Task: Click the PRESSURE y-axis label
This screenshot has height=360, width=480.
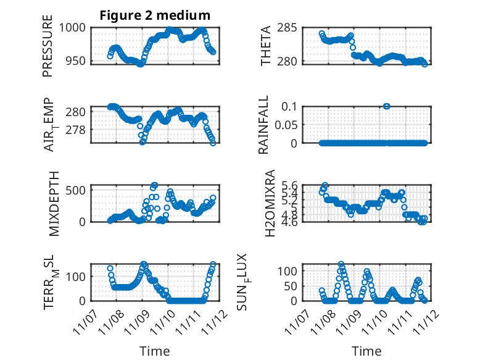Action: [48, 50]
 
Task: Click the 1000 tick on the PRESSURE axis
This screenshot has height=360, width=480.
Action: [74, 28]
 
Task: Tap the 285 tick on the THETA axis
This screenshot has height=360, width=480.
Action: [292, 28]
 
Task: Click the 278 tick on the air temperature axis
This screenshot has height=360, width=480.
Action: [77, 130]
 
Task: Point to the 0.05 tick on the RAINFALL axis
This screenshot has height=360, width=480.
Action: [288, 125]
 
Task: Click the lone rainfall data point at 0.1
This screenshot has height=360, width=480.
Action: [386, 106]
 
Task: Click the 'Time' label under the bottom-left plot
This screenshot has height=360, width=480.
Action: [155, 351]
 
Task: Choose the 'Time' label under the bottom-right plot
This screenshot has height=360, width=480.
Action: [366, 351]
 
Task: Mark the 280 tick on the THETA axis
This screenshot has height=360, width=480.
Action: [292, 62]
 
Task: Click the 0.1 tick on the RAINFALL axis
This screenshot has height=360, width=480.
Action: [291, 106]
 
